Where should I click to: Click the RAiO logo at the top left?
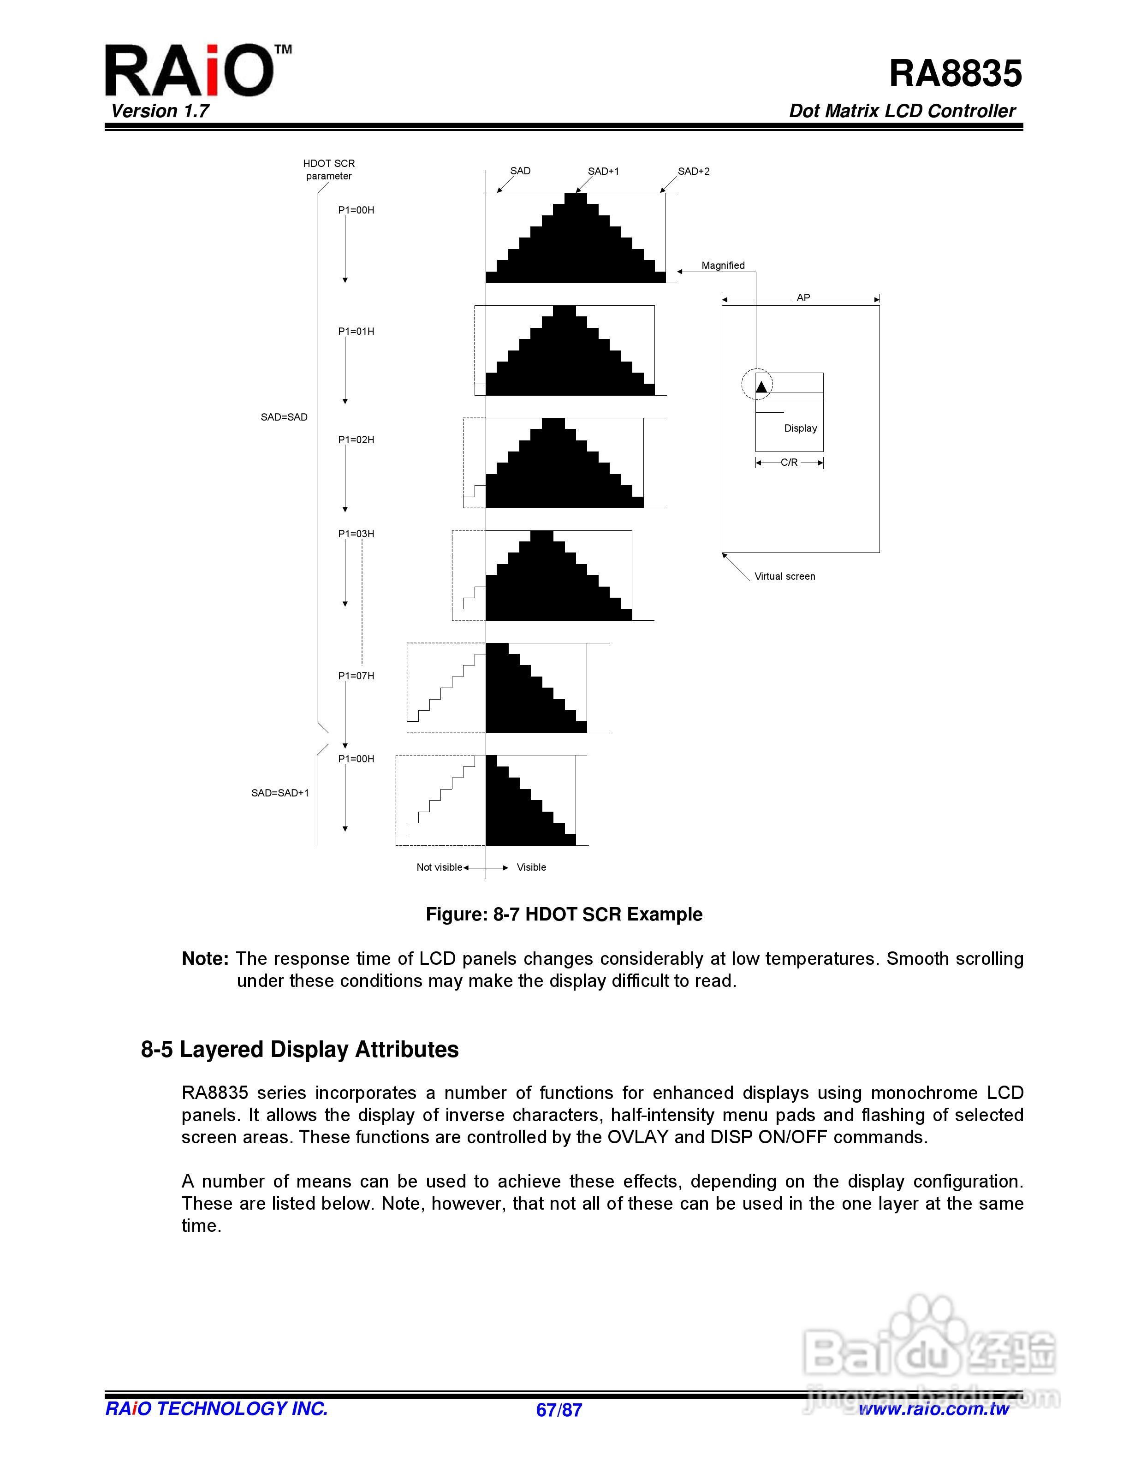click(x=189, y=70)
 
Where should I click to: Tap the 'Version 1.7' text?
click(x=160, y=111)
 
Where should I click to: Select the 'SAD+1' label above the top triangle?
click(x=603, y=171)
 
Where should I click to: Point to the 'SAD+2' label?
click(x=694, y=171)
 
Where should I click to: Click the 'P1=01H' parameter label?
click(x=356, y=331)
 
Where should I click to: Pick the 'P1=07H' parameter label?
click(x=356, y=676)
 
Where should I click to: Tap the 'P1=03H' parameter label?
click(x=356, y=534)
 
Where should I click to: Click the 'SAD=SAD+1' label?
click(x=280, y=793)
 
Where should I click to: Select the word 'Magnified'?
click(x=723, y=266)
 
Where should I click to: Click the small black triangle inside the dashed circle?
click(x=761, y=386)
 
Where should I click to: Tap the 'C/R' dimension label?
click(x=789, y=462)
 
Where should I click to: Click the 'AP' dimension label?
click(x=803, y=297)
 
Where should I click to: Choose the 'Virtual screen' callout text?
click(x=784, y=576)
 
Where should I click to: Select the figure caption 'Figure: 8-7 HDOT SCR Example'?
click(x=564, y=915)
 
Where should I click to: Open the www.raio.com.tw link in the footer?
click(x=934, y=1409)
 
